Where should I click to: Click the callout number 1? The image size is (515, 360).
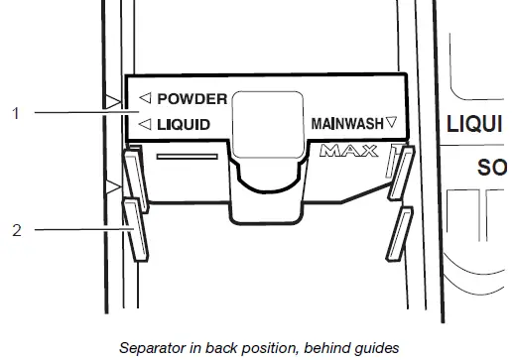tap(15, 113)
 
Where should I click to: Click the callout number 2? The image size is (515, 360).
tap(15, 229)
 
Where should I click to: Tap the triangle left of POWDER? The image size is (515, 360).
tap(145, 98)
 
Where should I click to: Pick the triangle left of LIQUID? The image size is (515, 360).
tap(145, 125)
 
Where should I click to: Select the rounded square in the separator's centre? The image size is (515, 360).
tap(267, 123)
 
